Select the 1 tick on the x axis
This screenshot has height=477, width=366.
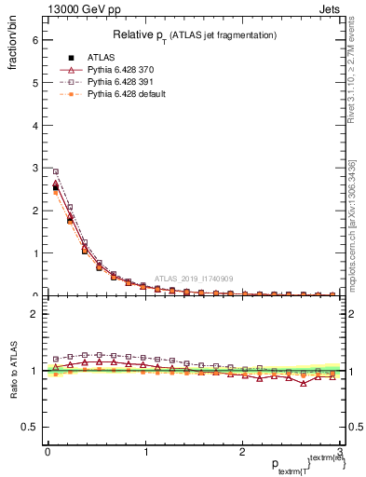144,452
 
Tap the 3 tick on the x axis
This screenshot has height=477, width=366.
340,452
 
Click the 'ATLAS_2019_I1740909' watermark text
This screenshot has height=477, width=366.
195,279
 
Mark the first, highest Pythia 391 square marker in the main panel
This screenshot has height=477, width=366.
56,171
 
